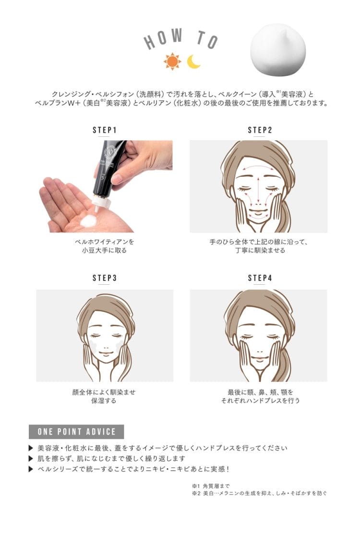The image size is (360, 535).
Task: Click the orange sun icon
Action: pyautogui.click(x=172, y=61)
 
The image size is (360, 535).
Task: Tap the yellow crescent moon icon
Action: pyautogui.click(x=193, y=62)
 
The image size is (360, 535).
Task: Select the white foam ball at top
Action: pyautogui.click(x=278, y=50)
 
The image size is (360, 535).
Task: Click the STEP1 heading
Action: pyautogui.click(x=105, y=130)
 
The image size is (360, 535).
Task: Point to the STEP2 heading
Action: pyautogui.click(x=260, y=130)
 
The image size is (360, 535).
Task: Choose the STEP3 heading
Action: pyautogui.click(x=105, y=278)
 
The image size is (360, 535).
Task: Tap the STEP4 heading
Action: pyautogui.click(x=260, y=278)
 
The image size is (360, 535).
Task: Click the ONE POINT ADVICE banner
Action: pyautogui.click(x=76, y=432)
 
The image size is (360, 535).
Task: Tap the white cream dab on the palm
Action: pyautogui.click(x=88, y=220)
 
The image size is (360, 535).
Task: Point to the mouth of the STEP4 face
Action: pyautogui.click(x=259, y=359)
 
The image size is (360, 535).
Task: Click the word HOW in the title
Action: pyautogui.click(x=163, y=38)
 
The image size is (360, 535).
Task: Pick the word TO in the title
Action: pyautogui.click(x=207, y=39)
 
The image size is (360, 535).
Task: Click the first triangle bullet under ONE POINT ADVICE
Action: pyautogui.click(x=31, y=448)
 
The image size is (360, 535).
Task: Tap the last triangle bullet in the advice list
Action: pyautogui.click(x=31, y=469)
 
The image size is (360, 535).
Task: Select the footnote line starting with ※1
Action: pyautogui.click(x=211, y=486)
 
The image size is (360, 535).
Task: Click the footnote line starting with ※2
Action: pyautogui.click(x=259, y=493)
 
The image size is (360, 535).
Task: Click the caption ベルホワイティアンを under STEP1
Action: pyautogui.click(x=105, y=242)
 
